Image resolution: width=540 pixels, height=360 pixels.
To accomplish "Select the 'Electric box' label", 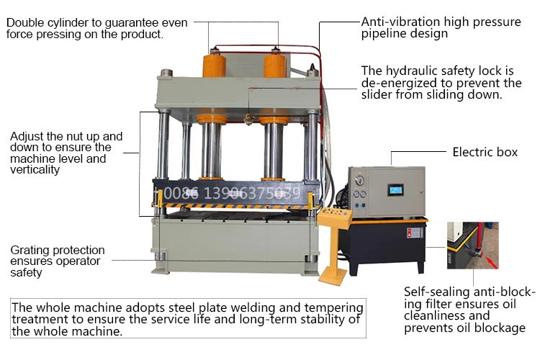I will pyautogui.click(x=485, y=153).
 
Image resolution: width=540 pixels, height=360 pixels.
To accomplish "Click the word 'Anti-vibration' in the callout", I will pyautogui.click(x=399, y=22).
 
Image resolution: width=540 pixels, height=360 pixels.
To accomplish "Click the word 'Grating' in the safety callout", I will pyautogui.click(x=32, y=251).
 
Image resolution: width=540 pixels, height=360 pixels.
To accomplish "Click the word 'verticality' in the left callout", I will pyautogui.click(x=35, y=170).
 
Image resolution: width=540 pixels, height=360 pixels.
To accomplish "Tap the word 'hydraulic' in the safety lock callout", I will pyautogui.click(x=418, y=71).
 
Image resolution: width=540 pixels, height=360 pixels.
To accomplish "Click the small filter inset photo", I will pyautogui.click(x=472, y=246).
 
